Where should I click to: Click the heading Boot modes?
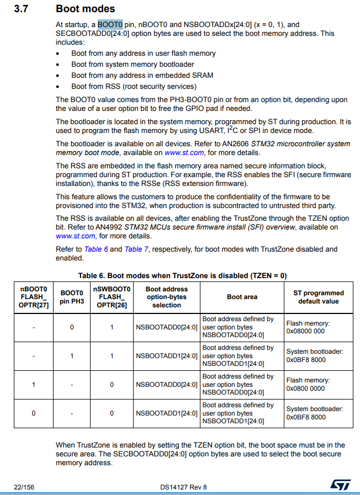pos(85,9)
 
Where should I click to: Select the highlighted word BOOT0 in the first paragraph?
pos(110,25)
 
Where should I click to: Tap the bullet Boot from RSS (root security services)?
pos(134,86)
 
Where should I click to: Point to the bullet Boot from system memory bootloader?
pos(133,65)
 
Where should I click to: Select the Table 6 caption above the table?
pos(182,275)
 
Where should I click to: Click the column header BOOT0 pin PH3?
pos(72,297)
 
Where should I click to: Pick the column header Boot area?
pos(242,297)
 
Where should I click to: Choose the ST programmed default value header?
pos(318,297)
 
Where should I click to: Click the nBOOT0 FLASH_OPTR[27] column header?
pos(34,297)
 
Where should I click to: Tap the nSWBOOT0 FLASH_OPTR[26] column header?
pos(112,297)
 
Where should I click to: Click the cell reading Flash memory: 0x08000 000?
pos(305,327)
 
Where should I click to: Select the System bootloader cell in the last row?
pos(314,413)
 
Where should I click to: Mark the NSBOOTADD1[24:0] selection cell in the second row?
pos(166,356)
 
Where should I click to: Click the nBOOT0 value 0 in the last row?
pos(33,413)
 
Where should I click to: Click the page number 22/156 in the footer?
pos(23,487)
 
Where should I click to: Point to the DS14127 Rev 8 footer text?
pos(183,487)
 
